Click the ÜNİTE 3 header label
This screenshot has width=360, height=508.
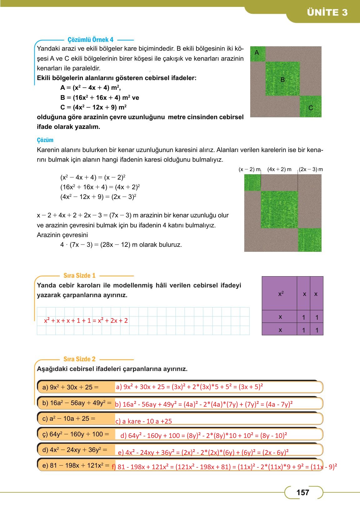[327, 12]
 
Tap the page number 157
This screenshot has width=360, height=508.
[302, 492]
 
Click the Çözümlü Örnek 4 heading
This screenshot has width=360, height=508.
[91, 40]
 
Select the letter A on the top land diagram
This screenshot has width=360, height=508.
[257, 53]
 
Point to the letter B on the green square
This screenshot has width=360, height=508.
[282, 80]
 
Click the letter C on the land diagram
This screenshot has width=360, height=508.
[311, 108]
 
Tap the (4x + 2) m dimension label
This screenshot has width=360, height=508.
[279, 169]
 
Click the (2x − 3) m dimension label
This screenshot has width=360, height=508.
[311, 169]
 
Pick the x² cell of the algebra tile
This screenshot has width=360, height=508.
[281, 294]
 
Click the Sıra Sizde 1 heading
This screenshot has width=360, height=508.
[79, 276]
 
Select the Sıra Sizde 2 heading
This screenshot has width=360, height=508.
[79, 359]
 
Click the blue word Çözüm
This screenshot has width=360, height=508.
[45, 140]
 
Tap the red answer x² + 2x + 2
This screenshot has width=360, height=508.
[113, 320]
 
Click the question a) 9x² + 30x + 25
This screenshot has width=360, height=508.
[70, 387]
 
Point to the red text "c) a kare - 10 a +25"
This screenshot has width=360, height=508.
[144, 421]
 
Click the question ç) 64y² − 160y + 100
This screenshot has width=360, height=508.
[75, 434]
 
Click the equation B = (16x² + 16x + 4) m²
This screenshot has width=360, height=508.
[99, 98]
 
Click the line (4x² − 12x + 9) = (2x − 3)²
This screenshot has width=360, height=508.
[98, 197]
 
